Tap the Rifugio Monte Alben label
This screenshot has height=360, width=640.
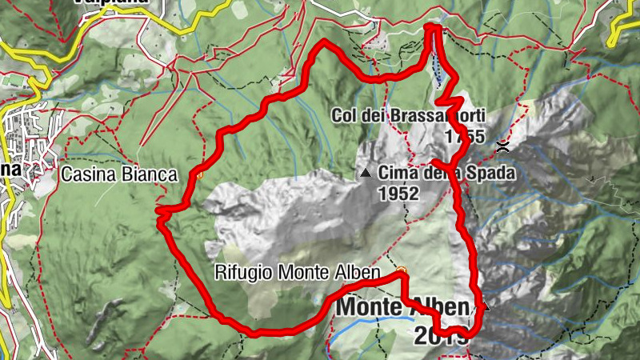(x=297, y=273)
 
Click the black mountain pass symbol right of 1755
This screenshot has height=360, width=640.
(x=503, y=146)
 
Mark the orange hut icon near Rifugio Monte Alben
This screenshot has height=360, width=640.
(x=402, y=270)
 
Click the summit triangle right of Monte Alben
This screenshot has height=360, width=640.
(x=483, y=306)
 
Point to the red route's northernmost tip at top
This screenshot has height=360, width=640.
(x=433, y=28)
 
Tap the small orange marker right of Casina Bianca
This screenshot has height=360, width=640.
(x=201, y=173)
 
